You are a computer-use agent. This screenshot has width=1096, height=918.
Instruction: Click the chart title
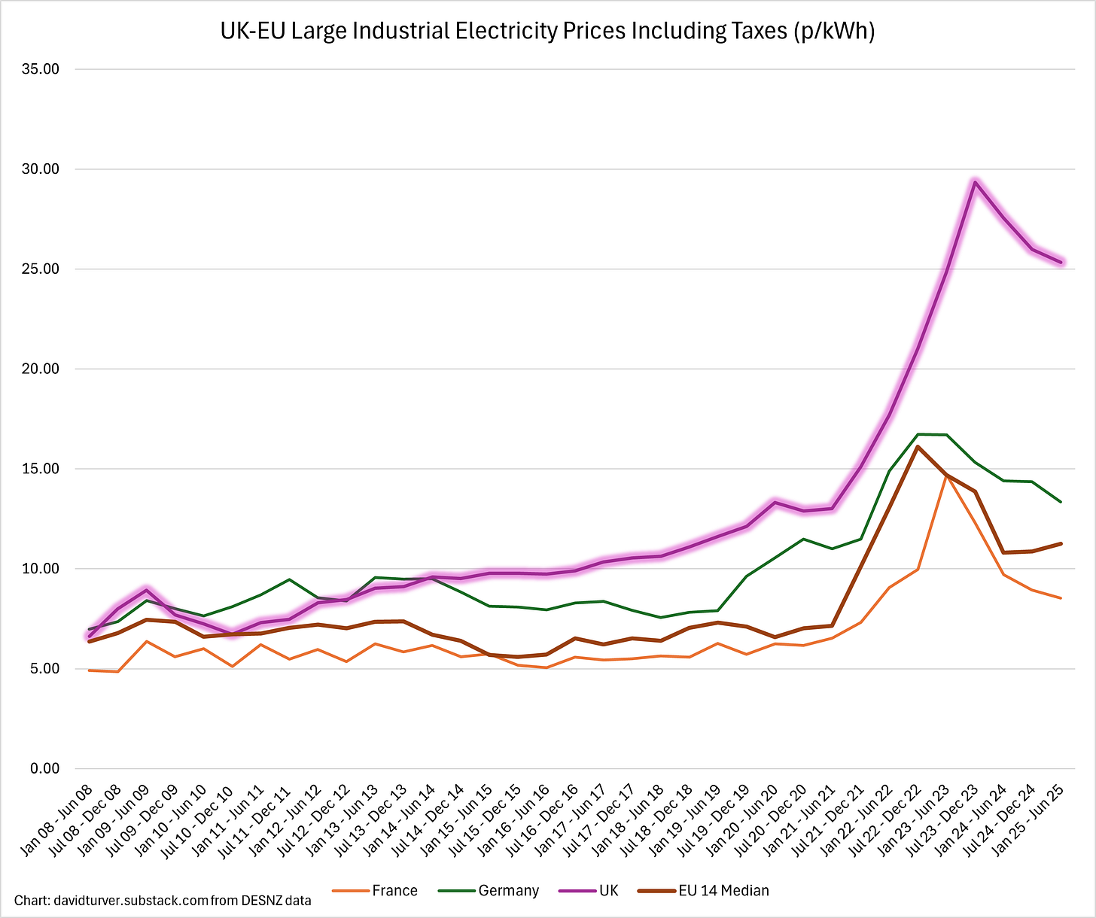click(x=547, y=32)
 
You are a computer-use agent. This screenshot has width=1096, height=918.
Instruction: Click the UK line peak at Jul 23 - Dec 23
click(x=975, y=182)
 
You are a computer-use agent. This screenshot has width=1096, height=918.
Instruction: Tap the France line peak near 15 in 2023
click(x=946, y=476)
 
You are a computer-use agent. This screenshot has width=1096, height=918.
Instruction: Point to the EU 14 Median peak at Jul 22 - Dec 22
click(x=918, y=447)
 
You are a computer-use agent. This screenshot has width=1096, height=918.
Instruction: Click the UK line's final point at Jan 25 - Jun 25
click(x=1061, y=262)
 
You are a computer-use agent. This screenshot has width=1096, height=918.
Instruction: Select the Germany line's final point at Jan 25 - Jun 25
click(x=1061, y=502)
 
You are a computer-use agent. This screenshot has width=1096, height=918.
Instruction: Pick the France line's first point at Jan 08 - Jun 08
click(x=90, y=670)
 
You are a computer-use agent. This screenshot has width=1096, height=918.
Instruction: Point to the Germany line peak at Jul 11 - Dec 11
click(x=290, y=579)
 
